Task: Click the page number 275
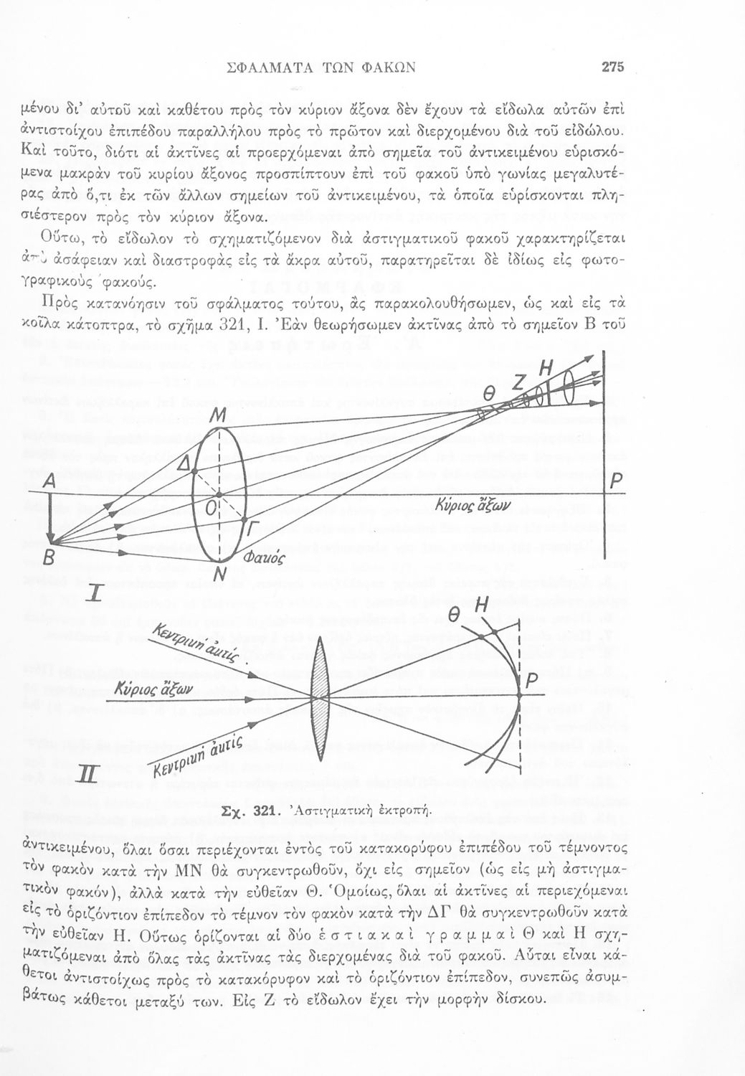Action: click(x=614, y=67)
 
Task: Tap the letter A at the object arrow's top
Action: click(x=49, y=486)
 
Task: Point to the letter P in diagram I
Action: click(x=614, y=486)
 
